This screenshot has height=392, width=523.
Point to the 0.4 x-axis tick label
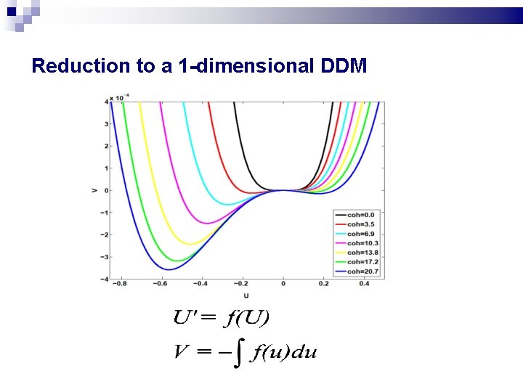coord(363,285)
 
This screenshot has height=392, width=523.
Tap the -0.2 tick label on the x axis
coord(242,285)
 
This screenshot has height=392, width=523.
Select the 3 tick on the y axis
coord(106,124)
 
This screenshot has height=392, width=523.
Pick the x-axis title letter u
coord(246,295)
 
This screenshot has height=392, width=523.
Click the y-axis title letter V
coord(94,190)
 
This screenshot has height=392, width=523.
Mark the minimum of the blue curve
coord(169,270)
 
